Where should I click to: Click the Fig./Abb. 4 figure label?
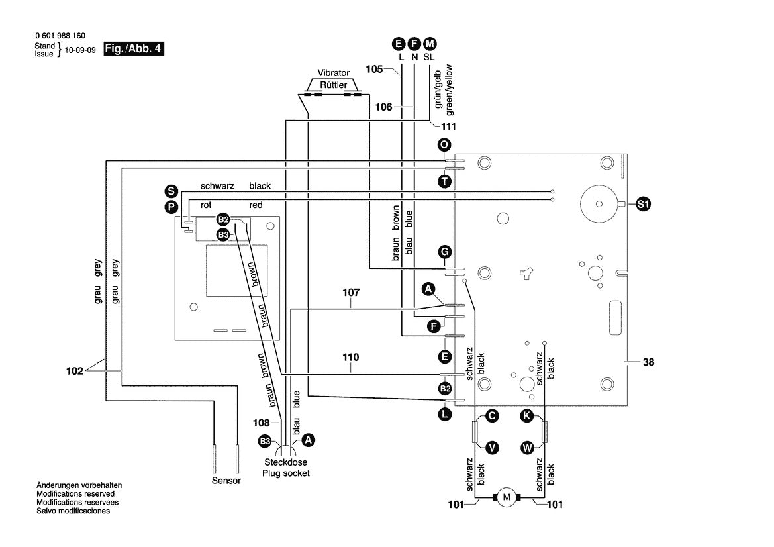pyautogui.click(x=134, y=49)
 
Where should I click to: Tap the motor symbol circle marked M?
pyautogui.click(x=507, y=497)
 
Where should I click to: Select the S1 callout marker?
pyautogui.click(x=643, y=205)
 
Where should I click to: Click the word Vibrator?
pyautogui.click(x=334, y=73)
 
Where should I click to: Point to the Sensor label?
pyautogui.click(x=226, y=481)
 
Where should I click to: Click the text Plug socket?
pyautogui.click(x=285, y=473)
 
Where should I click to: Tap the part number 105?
pyautogui.click(x=374, y=69)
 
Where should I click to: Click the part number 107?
pyautogui.click(x=351, y=291)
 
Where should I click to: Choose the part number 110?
pyautogui.click(x=351, y=358)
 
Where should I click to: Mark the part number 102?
pyautogui.click(x=75, y=371)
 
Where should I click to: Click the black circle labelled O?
pyautogui.click(x=444, y=145)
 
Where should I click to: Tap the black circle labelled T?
pyautogui.click(x=444, y=181)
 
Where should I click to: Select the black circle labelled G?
pyautogui.click(x=445, y=252)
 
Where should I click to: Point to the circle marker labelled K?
pyautogui.click(x=526, y=416)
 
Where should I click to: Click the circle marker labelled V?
pyautogui.click(x=492, y=448)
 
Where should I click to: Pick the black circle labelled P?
pyautogui.click(x=171, y=207)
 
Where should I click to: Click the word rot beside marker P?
pyautogui.click(x=206, y=205)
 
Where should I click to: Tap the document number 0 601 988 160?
pyautogui.click(x=60, y=36)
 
